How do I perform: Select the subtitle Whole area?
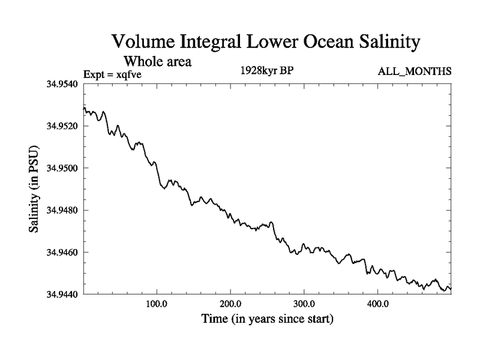[157, 61]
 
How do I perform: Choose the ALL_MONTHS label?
[414, 72]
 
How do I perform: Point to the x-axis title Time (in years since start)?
[266, 319]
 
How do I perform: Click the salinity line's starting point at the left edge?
[84, 109]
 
